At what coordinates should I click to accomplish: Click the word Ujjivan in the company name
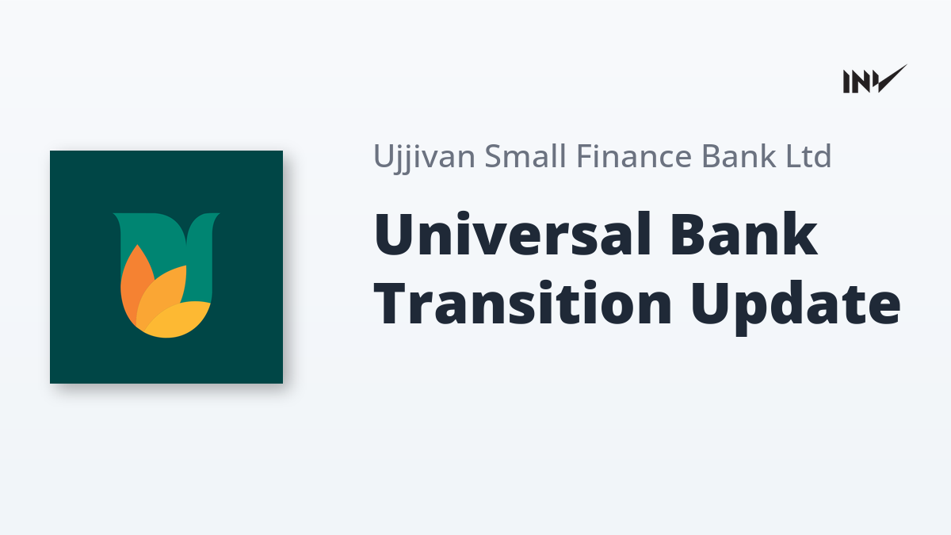point(424,158)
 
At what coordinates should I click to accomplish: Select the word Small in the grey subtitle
point(525,156)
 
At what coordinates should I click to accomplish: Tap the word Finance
point(634,156)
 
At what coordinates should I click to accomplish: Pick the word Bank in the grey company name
point(739,156)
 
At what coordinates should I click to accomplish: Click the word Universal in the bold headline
point(513,234)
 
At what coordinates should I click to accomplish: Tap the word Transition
point(522,303)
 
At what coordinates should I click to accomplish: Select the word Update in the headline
point(796,307)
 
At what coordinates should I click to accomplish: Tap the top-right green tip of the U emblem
point(216,216)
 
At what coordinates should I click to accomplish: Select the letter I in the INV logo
point(846,82)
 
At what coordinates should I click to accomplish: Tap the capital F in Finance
point(585,156)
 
